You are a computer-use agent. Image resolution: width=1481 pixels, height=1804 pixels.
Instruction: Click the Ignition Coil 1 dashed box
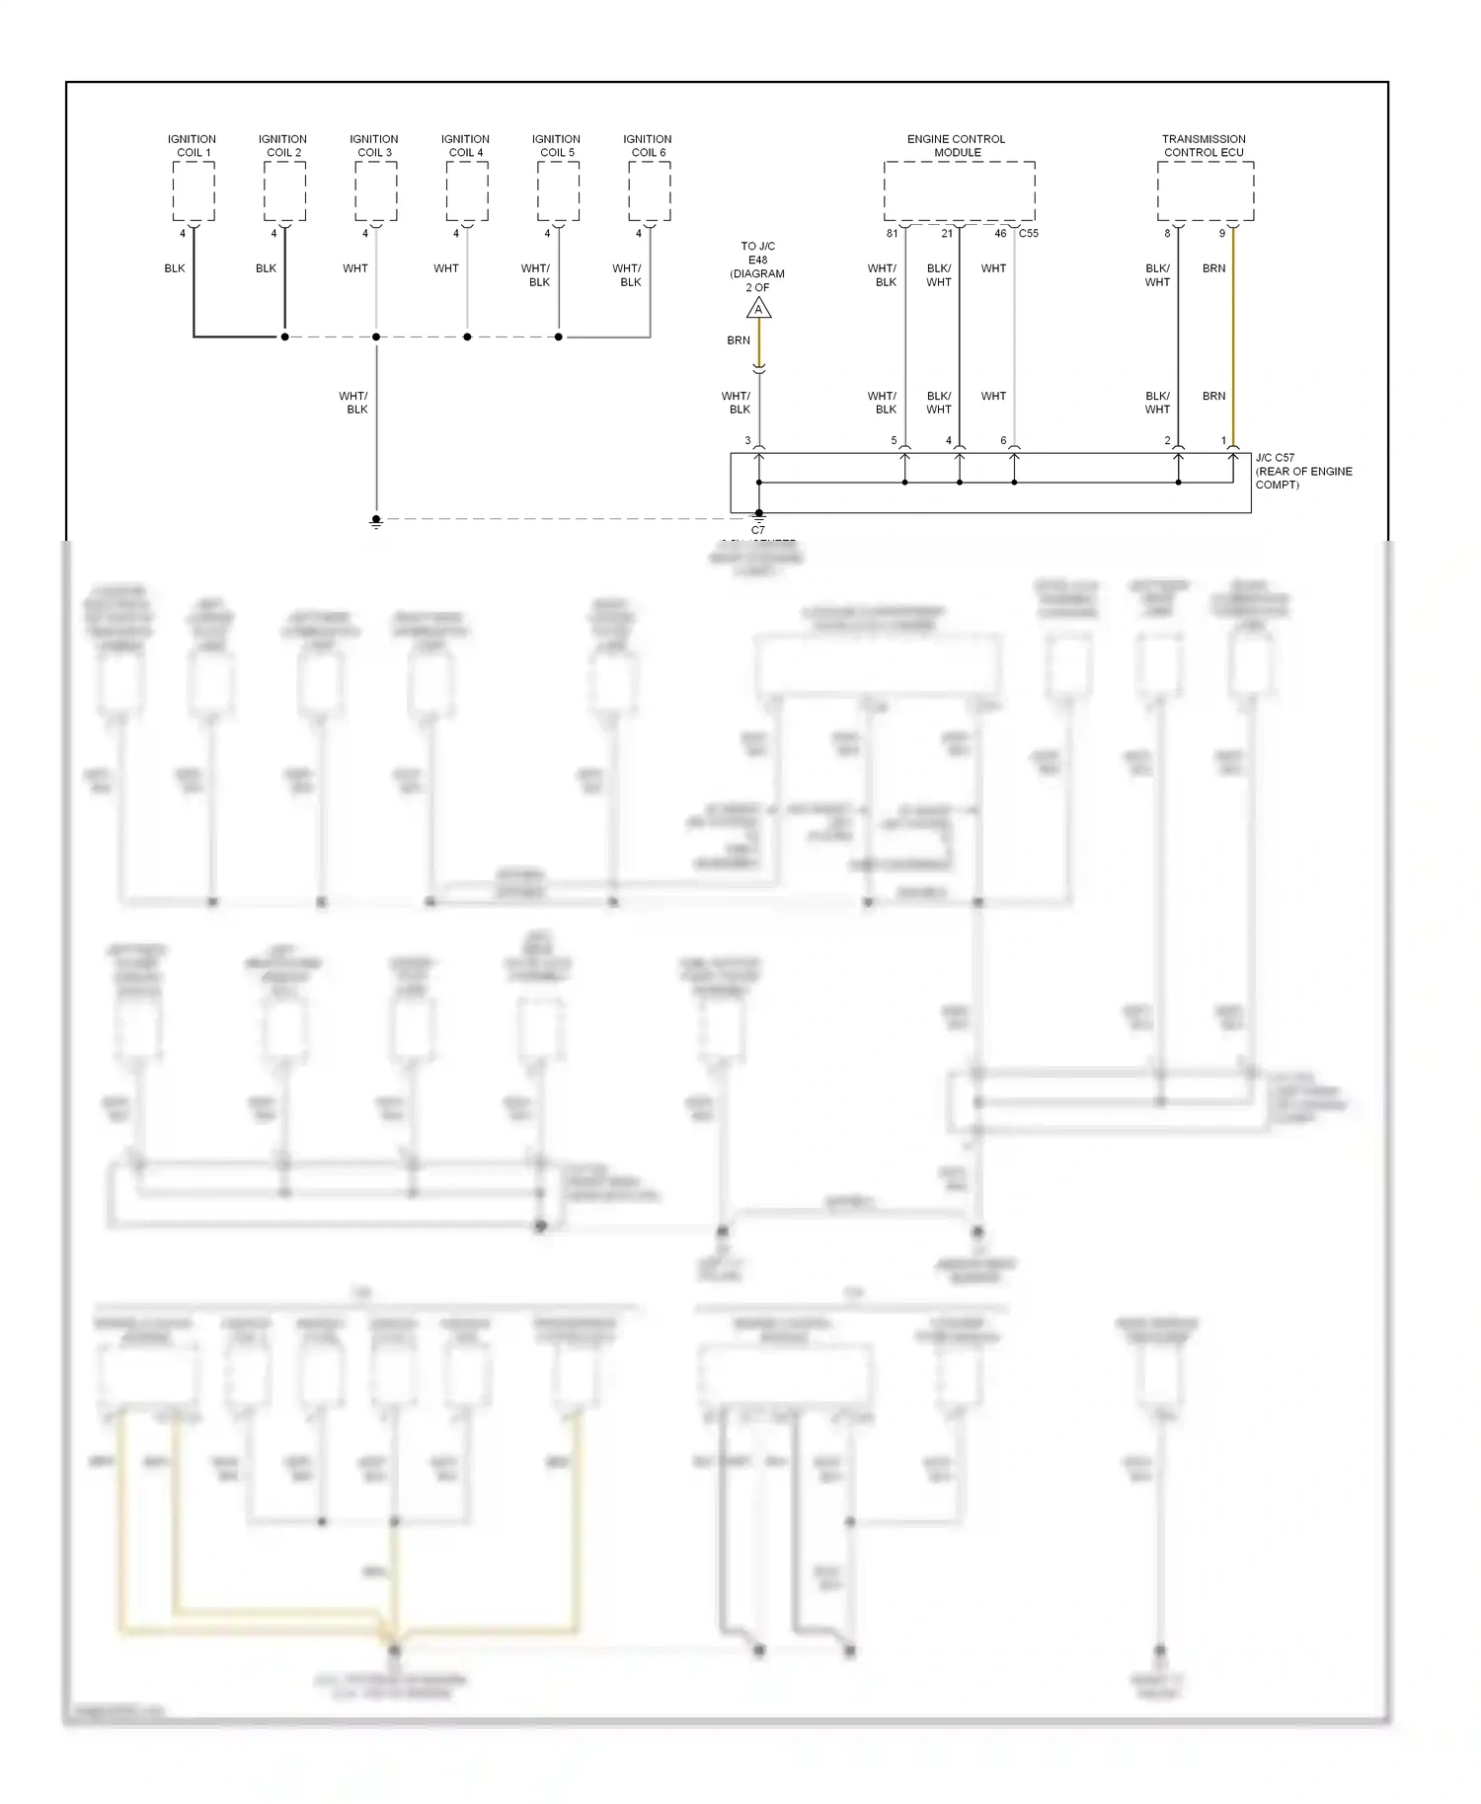coord(194,191)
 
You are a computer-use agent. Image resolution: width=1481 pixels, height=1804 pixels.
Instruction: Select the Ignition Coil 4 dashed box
coord(467,191)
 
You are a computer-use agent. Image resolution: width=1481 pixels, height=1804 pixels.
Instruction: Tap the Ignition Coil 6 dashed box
coord(650,191)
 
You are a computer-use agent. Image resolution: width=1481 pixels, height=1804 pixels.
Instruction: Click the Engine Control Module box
coord(959,191)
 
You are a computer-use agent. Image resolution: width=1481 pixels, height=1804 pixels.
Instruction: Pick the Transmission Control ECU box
coord(1205,191)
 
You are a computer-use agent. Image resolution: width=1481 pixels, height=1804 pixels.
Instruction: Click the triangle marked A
coord(758,310)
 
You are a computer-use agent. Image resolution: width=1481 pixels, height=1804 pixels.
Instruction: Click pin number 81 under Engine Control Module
coord(892,234)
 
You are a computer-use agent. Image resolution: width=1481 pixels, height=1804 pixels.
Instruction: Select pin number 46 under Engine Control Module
coord(1000,234)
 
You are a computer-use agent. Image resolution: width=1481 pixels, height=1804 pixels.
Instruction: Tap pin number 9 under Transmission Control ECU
coord(1222,234)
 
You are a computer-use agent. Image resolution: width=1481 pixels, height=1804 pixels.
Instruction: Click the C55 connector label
coord(1029,234)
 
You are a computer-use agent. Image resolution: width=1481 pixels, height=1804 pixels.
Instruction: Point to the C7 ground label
coord(757,530)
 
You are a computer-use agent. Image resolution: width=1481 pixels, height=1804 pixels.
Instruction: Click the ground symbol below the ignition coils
coord(376,521)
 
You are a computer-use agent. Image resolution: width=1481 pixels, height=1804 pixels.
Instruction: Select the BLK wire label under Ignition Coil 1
coord(175,268)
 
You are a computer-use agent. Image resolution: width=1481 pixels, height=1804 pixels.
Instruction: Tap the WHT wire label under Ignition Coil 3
coord(355,268)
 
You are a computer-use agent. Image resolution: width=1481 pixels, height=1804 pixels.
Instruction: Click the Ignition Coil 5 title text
coord(557,146)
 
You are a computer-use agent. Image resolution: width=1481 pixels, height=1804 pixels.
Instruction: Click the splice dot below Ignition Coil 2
coord(284,337)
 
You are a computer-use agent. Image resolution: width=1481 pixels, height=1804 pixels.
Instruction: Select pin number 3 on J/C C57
coord(747,441)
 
